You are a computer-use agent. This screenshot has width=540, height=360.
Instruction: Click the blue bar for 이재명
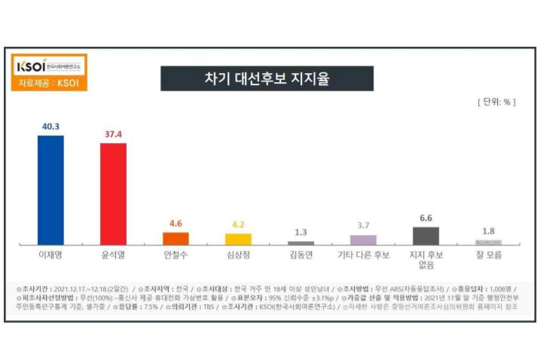click(x=50, y=190)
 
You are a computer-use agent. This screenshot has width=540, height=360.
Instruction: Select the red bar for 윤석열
click(x=113, y=194)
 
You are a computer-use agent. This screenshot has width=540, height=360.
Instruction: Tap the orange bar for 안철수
click(x=175, y=238)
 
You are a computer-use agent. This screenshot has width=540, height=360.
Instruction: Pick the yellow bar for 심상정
click(x=238, y=239)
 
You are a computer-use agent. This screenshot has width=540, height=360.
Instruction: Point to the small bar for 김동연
click(x=301, y=243)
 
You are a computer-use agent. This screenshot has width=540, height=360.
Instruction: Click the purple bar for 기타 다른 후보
click(x=363, y=239)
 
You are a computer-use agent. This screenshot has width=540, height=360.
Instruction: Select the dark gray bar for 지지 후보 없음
click(x=426, y=236)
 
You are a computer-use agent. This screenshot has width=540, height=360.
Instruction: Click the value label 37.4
click(x=113, y=134)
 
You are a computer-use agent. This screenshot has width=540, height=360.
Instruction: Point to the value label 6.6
click(x=426, y=218)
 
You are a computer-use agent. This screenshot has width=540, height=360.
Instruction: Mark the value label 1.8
click(x=488, y=230)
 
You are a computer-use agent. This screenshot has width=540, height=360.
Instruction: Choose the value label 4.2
click(x=238, y=224)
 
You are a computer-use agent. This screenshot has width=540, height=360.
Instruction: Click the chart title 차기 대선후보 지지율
click(x=267, y=78)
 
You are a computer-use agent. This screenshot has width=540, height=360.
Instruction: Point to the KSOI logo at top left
click(x=45, y=64)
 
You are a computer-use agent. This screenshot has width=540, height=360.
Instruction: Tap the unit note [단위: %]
click(x=494, y=101)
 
